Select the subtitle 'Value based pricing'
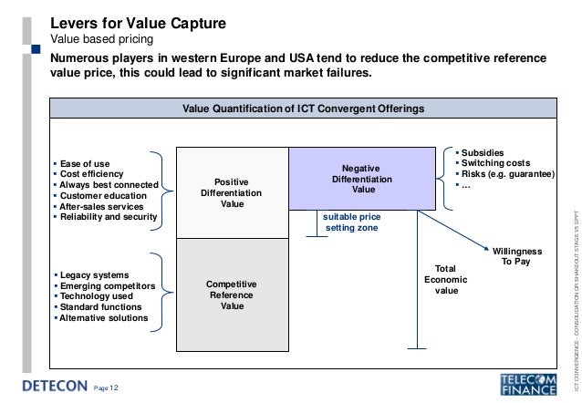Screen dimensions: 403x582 (101, 39)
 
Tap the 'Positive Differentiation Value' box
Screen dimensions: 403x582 (231, 193)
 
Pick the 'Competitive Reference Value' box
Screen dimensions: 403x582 (232, 294)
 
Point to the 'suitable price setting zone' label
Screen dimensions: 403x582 (351, 222)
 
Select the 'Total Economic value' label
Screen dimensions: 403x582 (446, 279)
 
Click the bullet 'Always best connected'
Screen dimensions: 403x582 (108, 185)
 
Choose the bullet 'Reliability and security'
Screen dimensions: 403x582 (109, 217)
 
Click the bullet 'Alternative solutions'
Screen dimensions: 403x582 (104, 318)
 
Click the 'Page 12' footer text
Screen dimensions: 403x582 (107, 388)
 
